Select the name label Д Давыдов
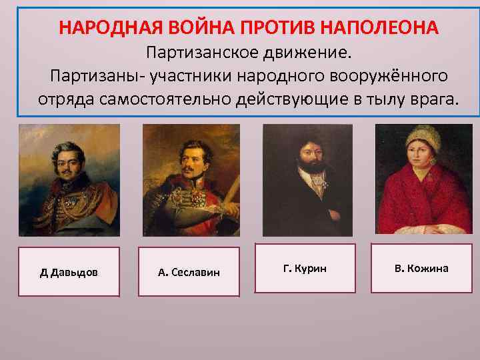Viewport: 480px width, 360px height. (69, 272)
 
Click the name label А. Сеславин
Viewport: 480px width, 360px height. (189, 272)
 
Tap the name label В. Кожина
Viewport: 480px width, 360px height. (421, 268)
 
